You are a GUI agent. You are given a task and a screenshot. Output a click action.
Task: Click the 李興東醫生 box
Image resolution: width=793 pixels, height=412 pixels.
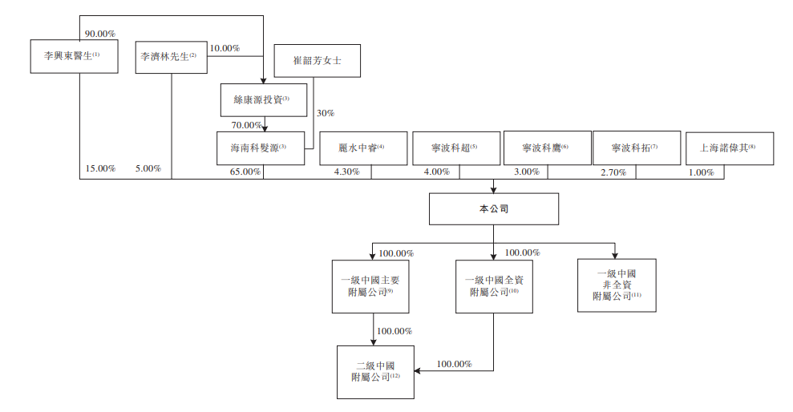coord(72,56)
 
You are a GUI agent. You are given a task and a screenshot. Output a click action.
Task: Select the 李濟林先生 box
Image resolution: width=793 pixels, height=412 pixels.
coord(168,57)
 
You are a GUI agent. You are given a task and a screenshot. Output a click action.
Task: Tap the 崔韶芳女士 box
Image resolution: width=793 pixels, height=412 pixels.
coord(317,60)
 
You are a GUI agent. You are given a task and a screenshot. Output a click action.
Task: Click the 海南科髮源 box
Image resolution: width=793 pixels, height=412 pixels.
coord(261,147)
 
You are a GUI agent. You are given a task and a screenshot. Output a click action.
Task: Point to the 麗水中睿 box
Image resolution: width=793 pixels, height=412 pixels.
coord(363,148)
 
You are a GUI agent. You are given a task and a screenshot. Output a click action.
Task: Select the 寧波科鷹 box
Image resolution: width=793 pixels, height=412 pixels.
coord(545,148)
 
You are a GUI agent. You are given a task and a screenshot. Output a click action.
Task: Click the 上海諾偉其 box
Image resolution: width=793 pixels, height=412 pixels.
coord(730,148)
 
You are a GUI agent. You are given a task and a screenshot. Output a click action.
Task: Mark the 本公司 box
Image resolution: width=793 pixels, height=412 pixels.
coord(493,208)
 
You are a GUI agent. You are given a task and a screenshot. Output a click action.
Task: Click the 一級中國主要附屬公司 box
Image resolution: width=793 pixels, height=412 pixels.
coord(370,286)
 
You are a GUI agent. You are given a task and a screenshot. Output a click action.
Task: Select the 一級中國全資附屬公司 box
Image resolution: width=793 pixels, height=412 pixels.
coord(493,286)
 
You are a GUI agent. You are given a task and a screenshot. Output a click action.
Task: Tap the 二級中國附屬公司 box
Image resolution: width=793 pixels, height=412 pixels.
coord(375,372)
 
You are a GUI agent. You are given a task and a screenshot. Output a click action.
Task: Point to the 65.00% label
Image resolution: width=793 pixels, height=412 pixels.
coord(245,171)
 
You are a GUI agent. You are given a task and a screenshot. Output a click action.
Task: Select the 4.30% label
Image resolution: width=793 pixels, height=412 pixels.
coord(346,171)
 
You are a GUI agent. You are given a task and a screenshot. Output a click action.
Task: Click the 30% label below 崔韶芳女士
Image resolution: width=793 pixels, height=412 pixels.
coord(326,113)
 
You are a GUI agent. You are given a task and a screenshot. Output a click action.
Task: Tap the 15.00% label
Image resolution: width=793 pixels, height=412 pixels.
coord(100,169)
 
